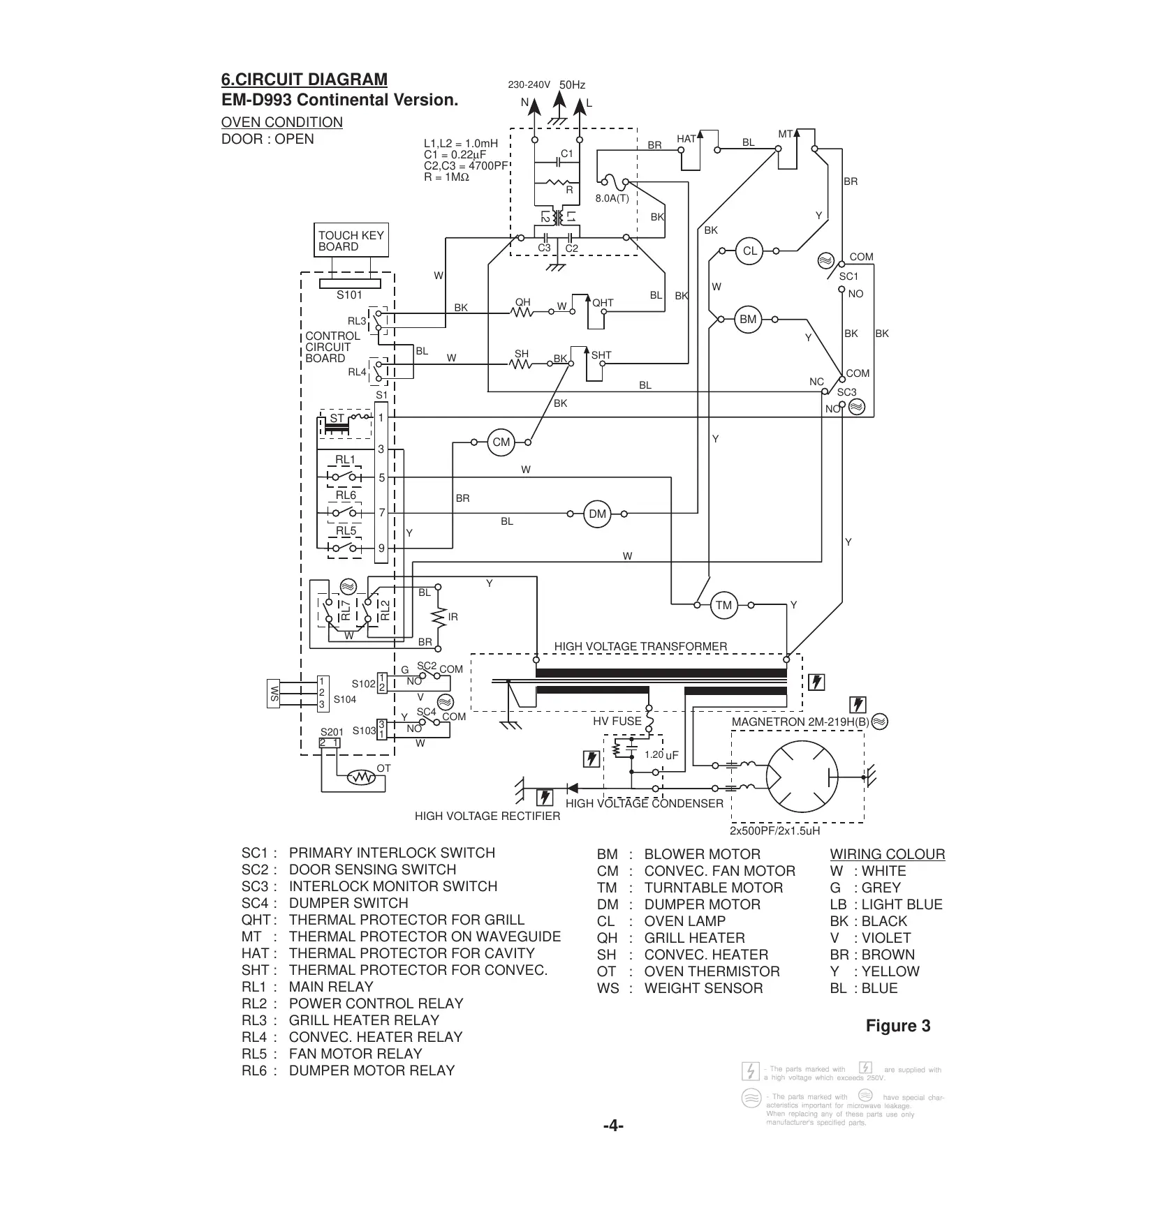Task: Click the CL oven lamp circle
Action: tap(749, 251)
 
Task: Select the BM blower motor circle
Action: tap(748, 320)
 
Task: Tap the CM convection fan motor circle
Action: tap(501, 442)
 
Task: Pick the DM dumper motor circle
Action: tap(598, 514)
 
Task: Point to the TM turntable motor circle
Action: tap(723, 605)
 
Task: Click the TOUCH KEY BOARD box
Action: tap(351, 241)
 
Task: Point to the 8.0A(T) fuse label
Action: tap(612, 198)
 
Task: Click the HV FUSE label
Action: tap(617, 722)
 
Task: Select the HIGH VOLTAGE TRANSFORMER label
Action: tap(640, 647)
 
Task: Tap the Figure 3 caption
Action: tap(898, 1026)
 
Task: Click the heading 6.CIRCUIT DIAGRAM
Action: tap(304, 80)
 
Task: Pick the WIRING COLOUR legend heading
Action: tap(887, 854)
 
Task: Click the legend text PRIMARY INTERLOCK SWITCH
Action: tap(392, 853)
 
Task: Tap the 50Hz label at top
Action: tap(572, 85)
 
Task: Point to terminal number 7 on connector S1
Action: tap(381, 513)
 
